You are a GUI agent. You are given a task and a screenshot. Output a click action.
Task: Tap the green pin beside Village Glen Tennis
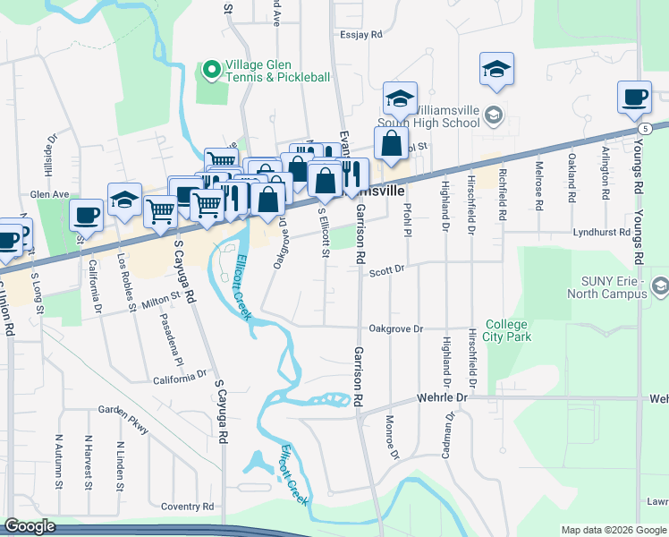click(x=212, y=68)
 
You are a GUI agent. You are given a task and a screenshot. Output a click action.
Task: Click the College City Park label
click(x=508, y=330)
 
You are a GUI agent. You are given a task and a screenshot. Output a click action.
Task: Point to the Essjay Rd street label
click(x=360, y=35)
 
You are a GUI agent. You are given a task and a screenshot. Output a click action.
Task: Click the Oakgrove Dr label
click(x=395, y=328)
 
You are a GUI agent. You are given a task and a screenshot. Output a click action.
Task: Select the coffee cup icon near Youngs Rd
click(x=634, y=97)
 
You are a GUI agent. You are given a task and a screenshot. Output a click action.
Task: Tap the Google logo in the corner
click(x=30, y=527)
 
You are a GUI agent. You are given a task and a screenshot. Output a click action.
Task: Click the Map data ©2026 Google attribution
click(x=613, y=530)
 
